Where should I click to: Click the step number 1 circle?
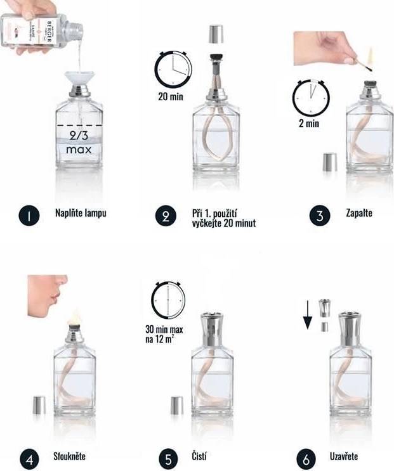tap(28, 215)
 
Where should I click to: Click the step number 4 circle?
tap(27, 457)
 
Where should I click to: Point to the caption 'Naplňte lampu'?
tap(80, 213)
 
